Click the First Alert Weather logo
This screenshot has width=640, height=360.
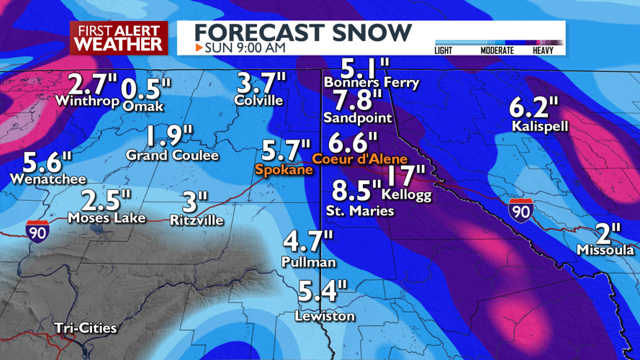pyautogui.click(x=119, y=37)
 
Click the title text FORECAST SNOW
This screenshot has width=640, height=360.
pyautogui.click(x=303, y=32)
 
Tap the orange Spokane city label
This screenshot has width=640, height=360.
pyautogui.click(x=284, y=170)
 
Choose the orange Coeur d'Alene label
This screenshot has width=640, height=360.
pyautogui.click(x=360, y=159)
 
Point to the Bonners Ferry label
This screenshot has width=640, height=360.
pyautogui.click(x=371, y=83)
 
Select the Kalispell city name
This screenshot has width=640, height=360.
pyautogui.click(x=540, y=127)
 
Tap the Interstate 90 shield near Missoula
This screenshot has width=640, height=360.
pyautogui.click(x=520, y=211)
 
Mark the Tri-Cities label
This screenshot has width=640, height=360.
pyautogui.click(x=85, y=328)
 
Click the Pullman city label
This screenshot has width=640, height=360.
pyautogui.click(x=309, y=263)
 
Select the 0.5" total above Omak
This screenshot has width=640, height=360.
pyautogui.click(x=146, y=89)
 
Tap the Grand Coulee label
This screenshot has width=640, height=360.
pyautogui.click(x=172, y=156)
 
